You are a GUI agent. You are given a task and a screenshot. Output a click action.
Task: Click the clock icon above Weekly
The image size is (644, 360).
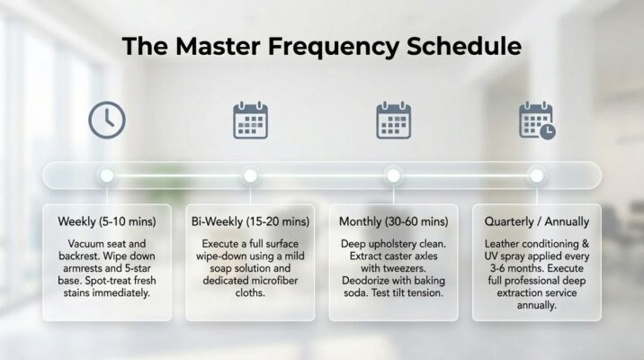(107, 120)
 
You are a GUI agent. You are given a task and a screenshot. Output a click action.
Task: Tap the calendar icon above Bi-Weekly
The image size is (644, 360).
(250, 121)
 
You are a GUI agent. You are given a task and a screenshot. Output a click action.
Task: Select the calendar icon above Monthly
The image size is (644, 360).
(393, 121)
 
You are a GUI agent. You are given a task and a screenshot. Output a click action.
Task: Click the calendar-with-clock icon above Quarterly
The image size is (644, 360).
(537, 121)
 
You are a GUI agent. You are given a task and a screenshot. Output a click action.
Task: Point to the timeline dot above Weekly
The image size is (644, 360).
(107, 175)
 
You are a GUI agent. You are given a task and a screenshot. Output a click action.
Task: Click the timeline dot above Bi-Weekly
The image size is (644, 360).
(251, 175)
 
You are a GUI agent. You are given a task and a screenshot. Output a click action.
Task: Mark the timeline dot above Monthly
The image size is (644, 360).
(393, 175)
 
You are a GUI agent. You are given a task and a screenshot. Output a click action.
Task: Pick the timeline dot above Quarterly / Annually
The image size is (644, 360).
(537, 175)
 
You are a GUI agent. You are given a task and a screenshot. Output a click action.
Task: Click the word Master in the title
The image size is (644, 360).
(218, 46)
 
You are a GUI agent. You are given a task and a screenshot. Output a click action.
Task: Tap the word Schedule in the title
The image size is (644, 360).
(464, 46)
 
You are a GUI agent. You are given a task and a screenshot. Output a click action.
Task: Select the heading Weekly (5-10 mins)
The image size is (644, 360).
(107, 222)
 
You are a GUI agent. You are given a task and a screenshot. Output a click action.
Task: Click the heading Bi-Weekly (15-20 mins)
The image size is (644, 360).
(250, 222)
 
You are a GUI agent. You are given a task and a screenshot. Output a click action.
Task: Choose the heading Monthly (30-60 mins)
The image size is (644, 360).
(393, 222)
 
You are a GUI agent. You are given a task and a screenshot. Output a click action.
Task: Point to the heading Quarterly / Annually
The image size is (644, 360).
(537, 222)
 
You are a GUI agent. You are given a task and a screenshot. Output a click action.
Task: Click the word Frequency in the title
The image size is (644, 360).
(333, 47)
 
